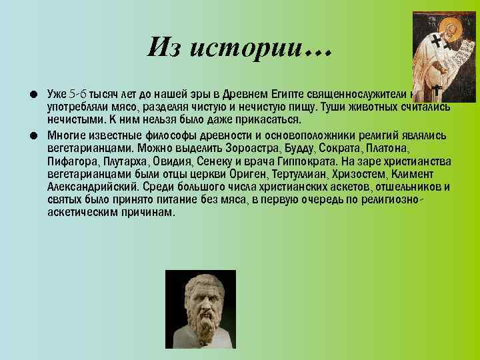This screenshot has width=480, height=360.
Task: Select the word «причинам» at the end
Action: tap(145, 213)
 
